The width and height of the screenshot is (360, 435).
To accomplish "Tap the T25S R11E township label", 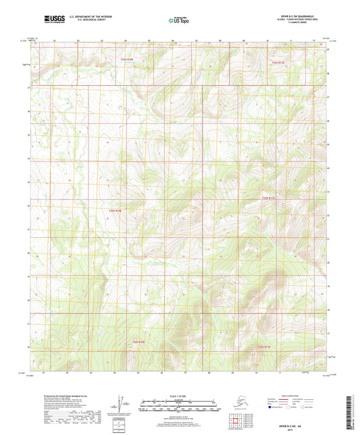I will tap(268, 198).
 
